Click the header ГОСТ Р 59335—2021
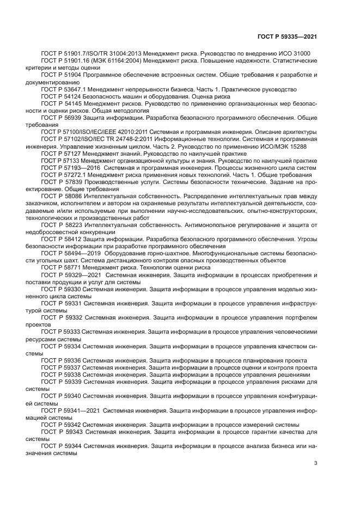[288, 36]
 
